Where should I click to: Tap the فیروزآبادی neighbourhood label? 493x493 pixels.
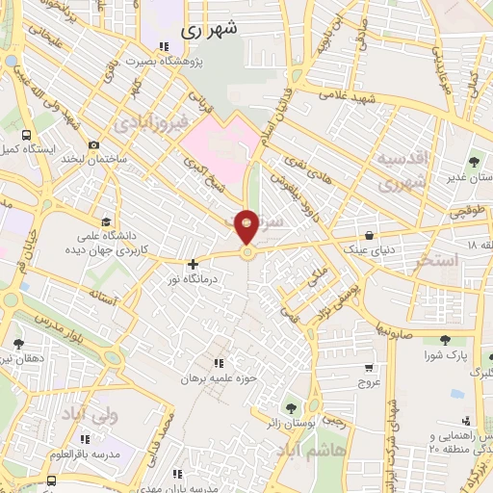coord(146,124)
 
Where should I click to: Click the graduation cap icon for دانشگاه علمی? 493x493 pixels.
coord(103,218)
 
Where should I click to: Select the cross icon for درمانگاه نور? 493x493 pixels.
coord(194,263)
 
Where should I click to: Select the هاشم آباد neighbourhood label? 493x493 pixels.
coord(310,449)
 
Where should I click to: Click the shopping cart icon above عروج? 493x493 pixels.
coord(370,368)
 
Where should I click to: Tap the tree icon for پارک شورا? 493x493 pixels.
coord(445,341)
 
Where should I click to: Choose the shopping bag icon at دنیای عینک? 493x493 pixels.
coord(370,234)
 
